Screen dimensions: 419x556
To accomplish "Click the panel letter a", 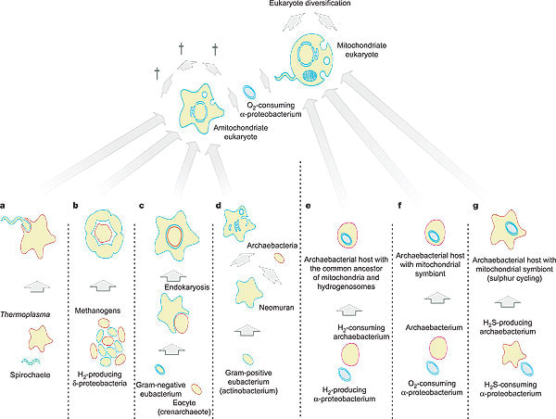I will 6,204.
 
